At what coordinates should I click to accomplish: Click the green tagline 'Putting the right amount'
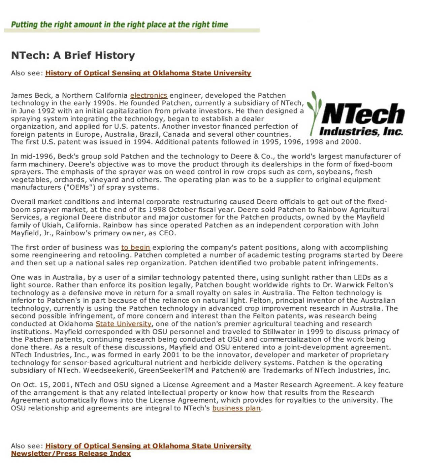(119, 25)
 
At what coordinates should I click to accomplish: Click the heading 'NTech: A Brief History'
(73, 55)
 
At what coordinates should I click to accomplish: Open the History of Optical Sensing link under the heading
(148, 73)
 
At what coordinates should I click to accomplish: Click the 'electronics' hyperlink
(149, 95)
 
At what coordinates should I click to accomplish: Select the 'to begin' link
(135, 247)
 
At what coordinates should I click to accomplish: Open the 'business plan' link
(236, 408)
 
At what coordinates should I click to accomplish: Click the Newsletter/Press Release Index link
(71, 453)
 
